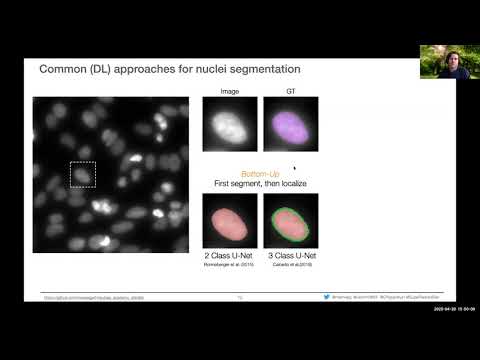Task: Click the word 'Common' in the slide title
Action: click(x=64, y=69)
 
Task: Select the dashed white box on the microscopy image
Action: click(x=82, y=174)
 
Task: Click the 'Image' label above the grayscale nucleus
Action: click(x=229, y=89)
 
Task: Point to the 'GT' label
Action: click(x=290, y=89)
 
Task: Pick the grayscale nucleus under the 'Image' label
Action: click(x=229, y=125)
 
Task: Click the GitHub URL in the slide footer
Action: click(x=95, y=297)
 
